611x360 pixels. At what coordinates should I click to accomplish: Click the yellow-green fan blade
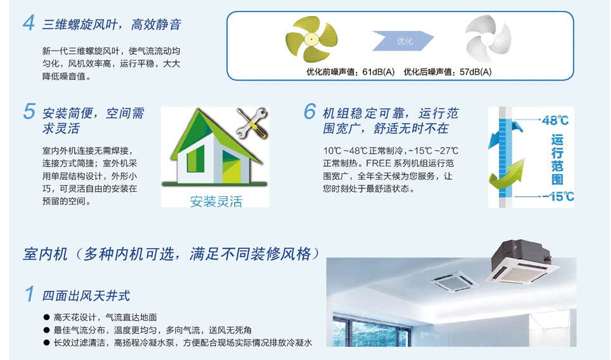[312, 39]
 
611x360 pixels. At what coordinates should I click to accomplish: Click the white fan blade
[488, 39]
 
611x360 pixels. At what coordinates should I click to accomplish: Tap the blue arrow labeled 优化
[403, 41]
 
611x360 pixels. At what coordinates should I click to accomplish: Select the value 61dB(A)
[379, 72]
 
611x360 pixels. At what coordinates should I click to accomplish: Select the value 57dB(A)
[476, 72]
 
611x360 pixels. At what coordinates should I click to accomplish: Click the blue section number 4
[29, 23]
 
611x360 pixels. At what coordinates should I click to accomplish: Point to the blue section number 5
[29, 112]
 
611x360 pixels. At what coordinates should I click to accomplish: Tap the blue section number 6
[310, 112]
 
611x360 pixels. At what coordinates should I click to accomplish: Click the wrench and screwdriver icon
[253, 123]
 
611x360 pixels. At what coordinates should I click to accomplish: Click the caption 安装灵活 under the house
[216, 201]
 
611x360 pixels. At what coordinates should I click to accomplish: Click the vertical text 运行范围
[557, 159]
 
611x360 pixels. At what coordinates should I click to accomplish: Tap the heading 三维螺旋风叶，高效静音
[111, 25]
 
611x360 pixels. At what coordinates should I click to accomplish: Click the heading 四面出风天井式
[85, 296]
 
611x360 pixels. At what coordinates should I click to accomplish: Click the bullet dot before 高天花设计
[47, 317]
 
